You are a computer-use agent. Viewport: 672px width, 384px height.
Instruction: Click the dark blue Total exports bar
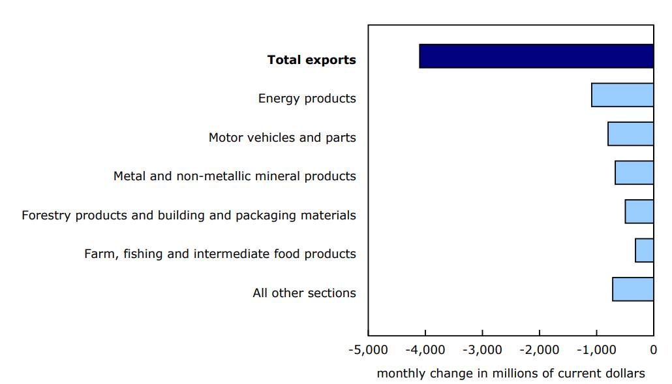click(536, 56)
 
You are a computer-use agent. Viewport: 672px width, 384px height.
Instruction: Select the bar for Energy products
click(622, 95)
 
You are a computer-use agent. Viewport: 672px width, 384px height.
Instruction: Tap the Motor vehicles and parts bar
click(630, 134)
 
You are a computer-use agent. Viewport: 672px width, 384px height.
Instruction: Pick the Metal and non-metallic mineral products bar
click(634, 172)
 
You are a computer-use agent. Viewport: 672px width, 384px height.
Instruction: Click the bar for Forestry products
click(639, 212)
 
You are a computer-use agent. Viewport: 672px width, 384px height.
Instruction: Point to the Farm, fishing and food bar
click(645, 250)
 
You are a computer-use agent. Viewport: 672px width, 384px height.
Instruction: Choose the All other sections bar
click(633, 289)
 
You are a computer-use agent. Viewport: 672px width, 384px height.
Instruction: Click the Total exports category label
click(312, 60)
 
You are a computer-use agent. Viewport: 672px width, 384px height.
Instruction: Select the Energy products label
click(307, 99)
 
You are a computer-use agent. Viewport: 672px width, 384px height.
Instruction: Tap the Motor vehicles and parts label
click(283, 138)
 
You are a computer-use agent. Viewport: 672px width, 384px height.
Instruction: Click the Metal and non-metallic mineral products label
click(235, 176)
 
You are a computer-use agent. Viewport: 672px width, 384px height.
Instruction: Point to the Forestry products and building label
click(189, 215)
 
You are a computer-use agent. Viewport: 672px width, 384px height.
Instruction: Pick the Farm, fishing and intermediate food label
click(221, 254)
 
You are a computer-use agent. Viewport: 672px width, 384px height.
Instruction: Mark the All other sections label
click(305, 293)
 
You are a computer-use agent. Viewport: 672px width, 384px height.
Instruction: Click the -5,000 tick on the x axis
click(368, 349)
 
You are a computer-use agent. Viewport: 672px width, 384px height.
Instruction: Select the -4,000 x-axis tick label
click(425, 349)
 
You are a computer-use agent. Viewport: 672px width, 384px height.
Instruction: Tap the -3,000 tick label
click(482, 349)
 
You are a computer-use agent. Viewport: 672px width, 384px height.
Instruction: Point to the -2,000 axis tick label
click(540, 349)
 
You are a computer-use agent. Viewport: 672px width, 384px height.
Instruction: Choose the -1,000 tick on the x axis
click(596, 349)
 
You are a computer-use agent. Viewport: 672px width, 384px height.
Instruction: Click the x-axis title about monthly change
click(511, 374)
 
